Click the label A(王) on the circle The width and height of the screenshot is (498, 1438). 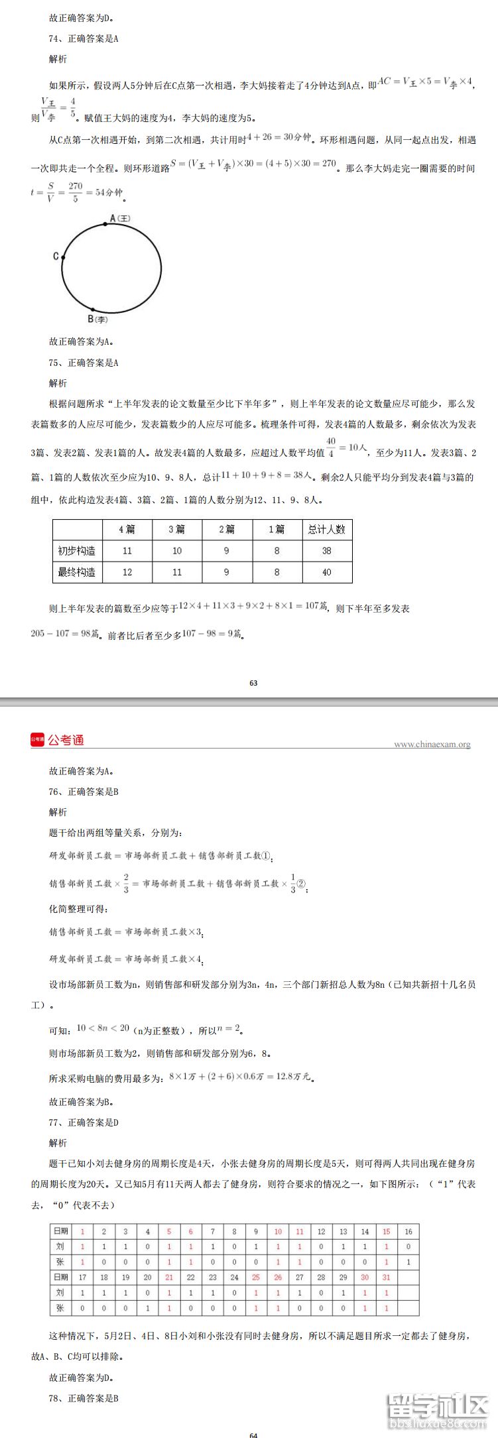pyautogui.click(x=119, y=218)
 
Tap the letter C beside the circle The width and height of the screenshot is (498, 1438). pyautogui.click(x=56, y=256)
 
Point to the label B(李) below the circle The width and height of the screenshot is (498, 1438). pyautogui.click(x=97, y=319)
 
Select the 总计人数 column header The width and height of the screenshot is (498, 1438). pyautogui.click(x=326, y=529)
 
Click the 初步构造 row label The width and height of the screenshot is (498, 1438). pyautogui.click(x=77, y=550)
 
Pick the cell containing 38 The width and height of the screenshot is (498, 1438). pyautogui.click(x=326, y=550)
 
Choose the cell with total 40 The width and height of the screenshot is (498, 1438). pyautogui.click(x=326, y=572)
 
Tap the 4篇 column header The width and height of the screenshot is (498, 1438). pyautogui.click(x=127, y=529)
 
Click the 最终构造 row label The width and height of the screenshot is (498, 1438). pyautogui.click(x=77, y=572)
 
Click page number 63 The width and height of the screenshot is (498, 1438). pyautogui.click(x=253, y=683)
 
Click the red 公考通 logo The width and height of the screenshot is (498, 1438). pyautogui.click(x=57, y=740)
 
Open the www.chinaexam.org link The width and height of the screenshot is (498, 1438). pyautogui.click(x=432, y=745)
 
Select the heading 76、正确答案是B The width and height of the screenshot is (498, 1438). pyautogui.click(x=84, y=792)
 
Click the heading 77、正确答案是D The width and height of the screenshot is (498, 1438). pyautogui.click(x=84, y=1122)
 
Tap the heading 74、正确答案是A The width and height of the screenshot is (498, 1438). pyautogui.click(x=84, y=38)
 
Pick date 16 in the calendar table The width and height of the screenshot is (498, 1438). pyautogui.click(x=408, y=1231)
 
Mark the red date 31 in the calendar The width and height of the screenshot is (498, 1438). pyautogui.click(x=387, y=1277)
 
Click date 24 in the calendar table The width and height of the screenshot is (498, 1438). pyautogui.click(x=234, y=1277)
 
